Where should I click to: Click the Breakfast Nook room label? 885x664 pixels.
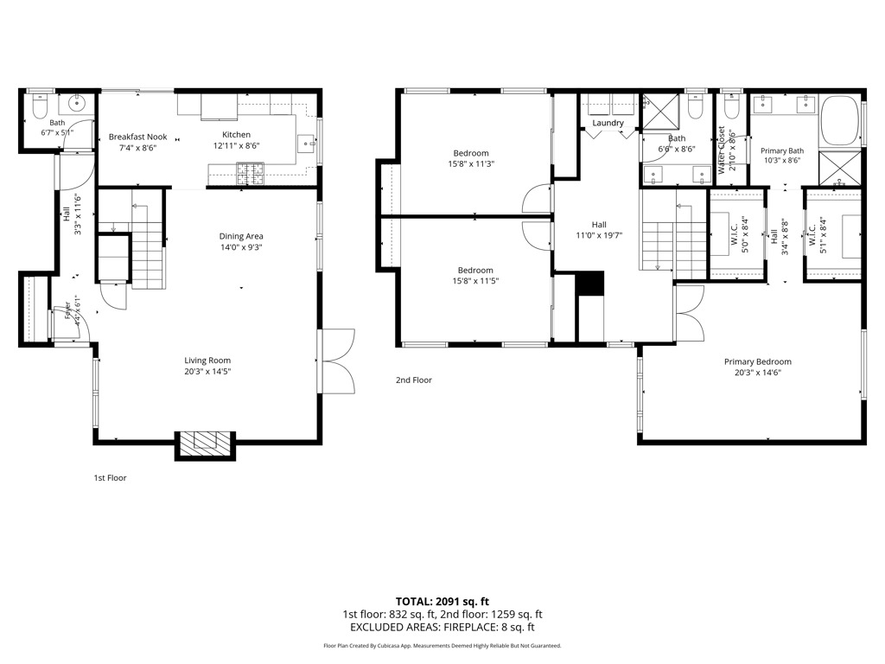137,137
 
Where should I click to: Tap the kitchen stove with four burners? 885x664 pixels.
250,174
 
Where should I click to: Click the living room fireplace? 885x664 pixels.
205,446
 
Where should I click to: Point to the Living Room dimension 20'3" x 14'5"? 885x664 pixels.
207,372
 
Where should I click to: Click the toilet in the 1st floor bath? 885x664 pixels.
40,105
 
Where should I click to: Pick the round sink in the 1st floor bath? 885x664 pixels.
77,104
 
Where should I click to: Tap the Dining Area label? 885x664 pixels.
241,236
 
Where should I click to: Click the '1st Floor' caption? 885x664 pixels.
110,477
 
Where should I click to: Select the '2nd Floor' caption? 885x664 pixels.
414,380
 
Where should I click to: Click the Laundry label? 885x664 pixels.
608,123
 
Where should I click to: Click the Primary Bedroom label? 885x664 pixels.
757,361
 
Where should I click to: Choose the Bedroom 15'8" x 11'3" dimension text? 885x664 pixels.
471,163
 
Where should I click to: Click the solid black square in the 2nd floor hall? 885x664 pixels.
589,283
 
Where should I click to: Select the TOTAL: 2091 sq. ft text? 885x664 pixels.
442,602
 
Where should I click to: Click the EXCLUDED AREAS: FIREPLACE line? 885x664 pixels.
442,627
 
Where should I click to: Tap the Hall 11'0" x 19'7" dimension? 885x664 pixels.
599,235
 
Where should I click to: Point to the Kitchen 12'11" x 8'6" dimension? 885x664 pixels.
236,145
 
